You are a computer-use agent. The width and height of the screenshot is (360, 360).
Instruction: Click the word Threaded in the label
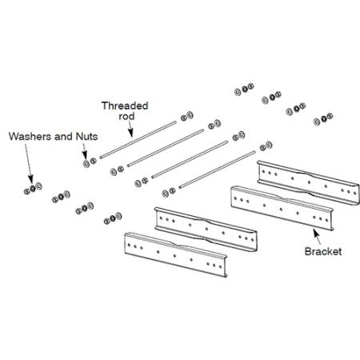coord(124,105)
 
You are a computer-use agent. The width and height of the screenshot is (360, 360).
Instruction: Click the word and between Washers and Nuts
coord(63,136)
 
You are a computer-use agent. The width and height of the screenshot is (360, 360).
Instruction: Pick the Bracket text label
coord(323,251)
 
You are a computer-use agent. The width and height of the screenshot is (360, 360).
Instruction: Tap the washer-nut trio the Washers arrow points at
coord(33,189)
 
